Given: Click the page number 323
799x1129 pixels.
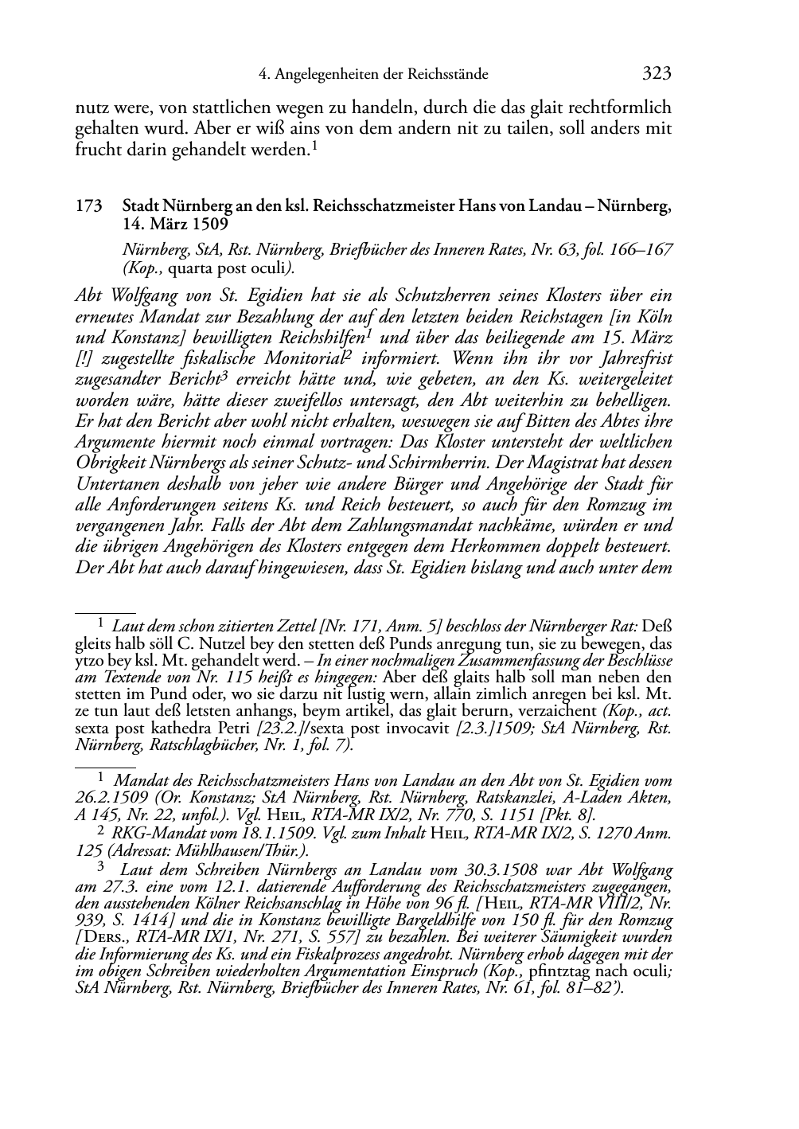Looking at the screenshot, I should (657, 74).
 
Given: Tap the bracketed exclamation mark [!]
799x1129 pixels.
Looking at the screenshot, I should (83, 357).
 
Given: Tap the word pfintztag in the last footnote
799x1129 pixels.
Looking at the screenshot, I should (533, 973).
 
